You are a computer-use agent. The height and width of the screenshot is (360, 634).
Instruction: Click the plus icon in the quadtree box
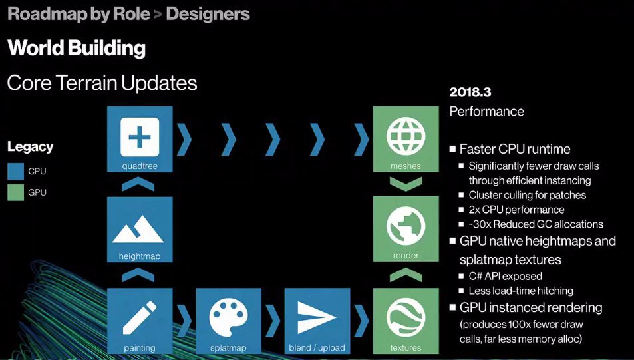tap(140, 136)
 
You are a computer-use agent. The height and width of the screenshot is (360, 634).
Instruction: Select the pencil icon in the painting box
tap(140, 318)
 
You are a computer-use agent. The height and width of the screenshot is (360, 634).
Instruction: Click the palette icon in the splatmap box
tap(228, 317)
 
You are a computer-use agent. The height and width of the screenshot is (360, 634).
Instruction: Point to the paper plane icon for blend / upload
tap(316, 317)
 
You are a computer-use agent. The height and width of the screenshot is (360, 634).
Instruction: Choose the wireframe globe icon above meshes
tap(406, 136)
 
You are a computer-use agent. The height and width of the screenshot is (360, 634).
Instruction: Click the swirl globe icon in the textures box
tap(406, 318)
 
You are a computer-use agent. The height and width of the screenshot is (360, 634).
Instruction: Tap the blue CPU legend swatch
tap(16, 172)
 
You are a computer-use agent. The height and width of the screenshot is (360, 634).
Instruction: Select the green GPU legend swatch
tap(16, 193)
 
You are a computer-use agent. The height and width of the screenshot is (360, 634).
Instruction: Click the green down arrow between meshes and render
tap(406, 184)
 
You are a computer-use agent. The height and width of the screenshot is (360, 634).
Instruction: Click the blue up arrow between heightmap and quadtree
tap(138, 184)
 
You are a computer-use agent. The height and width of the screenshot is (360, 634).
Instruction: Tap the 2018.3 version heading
tap(470, 92)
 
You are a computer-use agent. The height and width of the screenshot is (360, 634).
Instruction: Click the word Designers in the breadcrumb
tap(208, 14)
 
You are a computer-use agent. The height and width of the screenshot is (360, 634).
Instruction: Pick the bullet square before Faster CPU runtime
tap(453, 149)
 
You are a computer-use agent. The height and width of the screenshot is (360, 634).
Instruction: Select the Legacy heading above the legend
tap(31, 147)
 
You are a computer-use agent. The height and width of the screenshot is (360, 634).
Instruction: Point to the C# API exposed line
tap(506, 277)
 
